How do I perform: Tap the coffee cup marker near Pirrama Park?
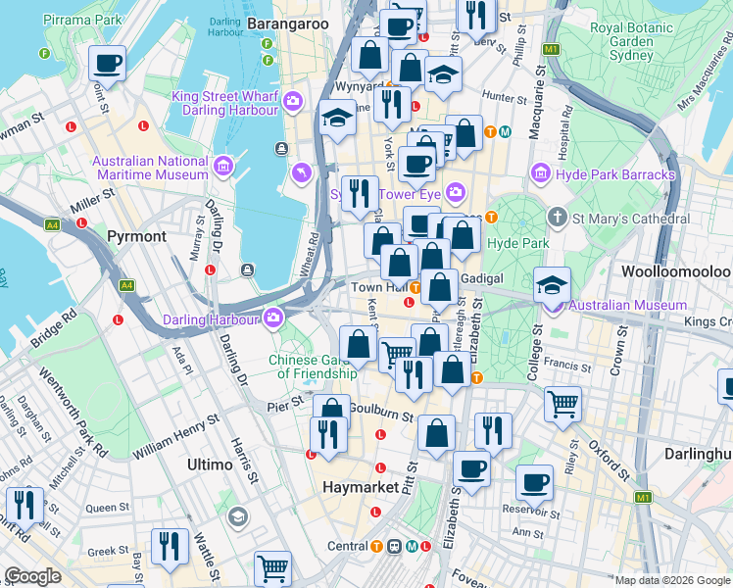point(107,64)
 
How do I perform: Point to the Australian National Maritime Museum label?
point(150,168)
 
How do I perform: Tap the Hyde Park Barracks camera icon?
point(539,174)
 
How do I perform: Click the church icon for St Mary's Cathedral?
point(557,216)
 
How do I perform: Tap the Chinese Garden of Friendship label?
point(313,366)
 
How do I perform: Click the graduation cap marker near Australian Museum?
point(553,285)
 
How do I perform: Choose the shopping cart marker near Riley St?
point(562,403)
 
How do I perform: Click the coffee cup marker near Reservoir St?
point(535,482)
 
